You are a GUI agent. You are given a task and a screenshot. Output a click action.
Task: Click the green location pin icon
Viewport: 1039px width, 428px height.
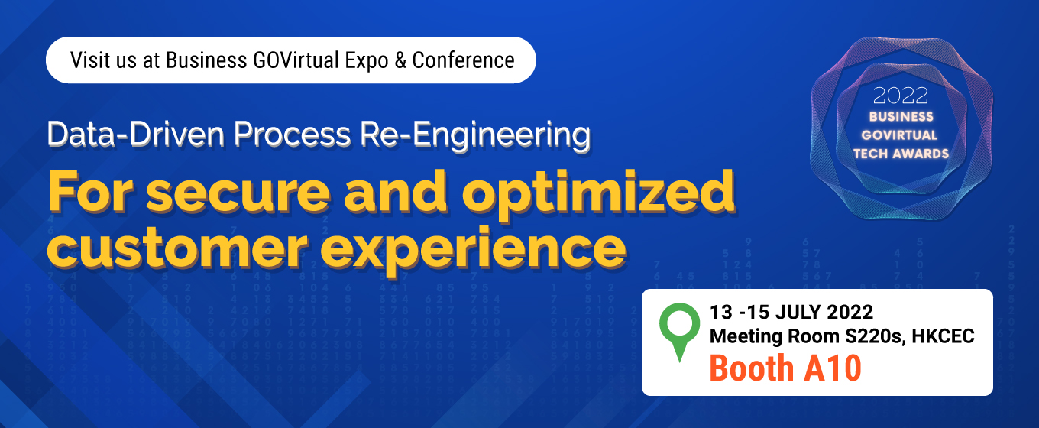point(679,331)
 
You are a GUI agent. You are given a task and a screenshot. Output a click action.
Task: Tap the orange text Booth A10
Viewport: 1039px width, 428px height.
point(785,368)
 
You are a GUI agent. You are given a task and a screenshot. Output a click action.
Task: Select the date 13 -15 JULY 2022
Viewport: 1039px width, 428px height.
point(791,312)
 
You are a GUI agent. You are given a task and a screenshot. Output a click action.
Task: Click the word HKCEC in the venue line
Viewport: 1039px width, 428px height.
point(943,336)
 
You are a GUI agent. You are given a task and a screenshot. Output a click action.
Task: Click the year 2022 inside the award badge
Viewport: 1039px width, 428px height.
point(900,96)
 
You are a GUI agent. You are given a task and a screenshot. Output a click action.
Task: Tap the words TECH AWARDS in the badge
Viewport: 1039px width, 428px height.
point(901,154)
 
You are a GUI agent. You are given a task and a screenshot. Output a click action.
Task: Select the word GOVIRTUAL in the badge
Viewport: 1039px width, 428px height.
point(899,135)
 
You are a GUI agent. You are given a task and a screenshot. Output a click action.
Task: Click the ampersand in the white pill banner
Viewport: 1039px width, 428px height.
point(400,60)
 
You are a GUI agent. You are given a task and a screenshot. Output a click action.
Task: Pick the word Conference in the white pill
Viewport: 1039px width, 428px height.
point(464,60)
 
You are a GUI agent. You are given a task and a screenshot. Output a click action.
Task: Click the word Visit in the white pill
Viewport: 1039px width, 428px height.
point(90,60)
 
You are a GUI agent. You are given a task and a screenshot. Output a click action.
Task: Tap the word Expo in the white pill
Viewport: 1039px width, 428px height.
point(366,61)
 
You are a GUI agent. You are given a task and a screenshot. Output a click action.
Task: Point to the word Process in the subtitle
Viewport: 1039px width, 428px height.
point(292,135)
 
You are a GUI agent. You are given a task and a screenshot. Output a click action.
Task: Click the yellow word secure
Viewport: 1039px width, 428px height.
point(238,192)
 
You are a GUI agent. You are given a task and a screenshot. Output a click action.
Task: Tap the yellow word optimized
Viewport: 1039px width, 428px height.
point(598,193)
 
